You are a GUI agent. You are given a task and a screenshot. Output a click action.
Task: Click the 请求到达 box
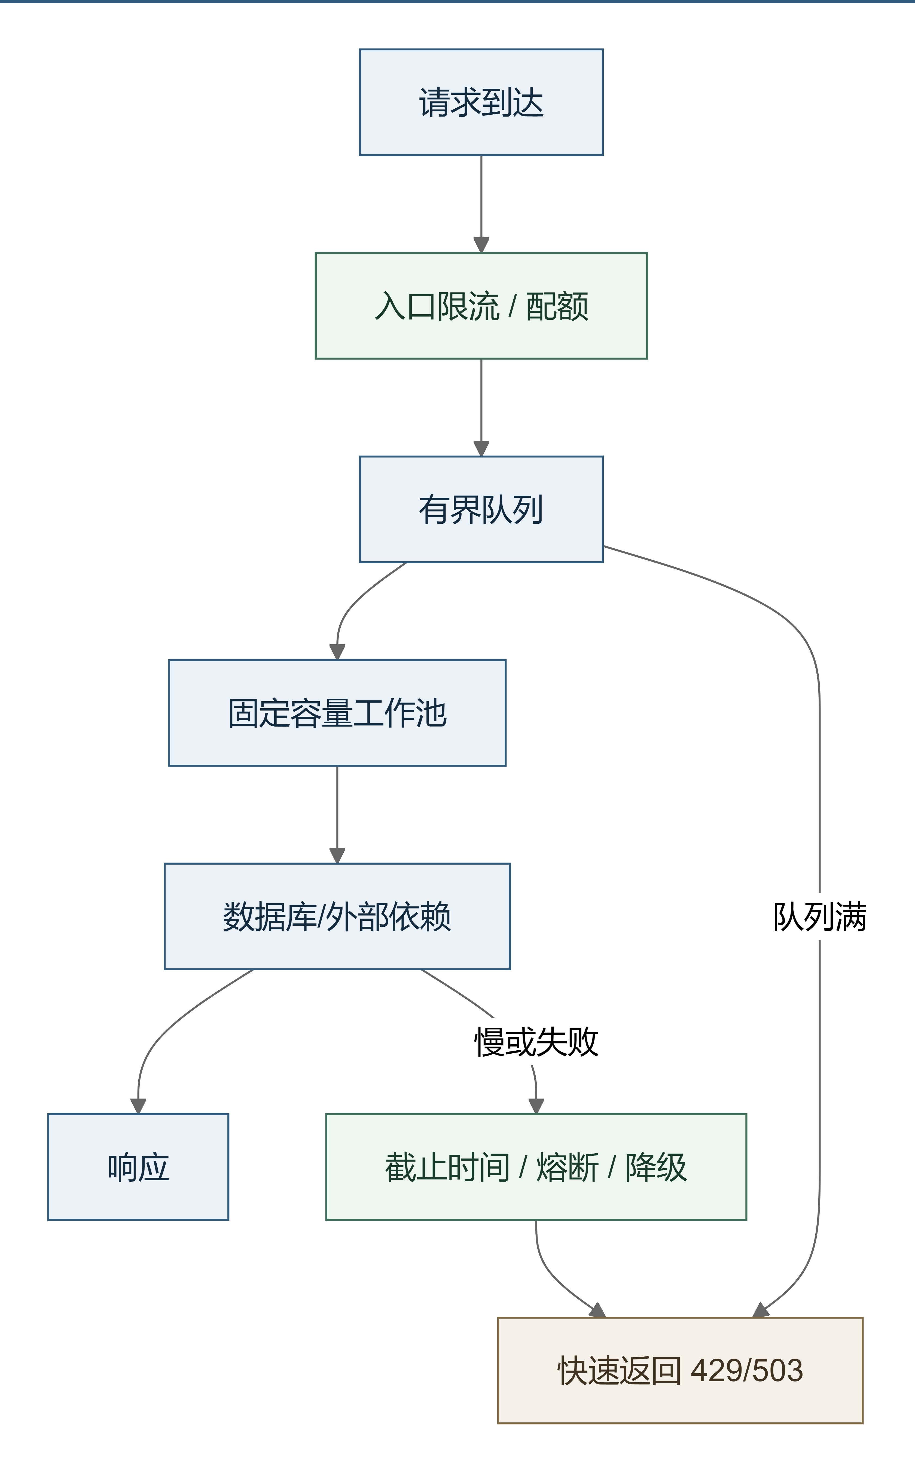pyautogui.click(x=481, y=102)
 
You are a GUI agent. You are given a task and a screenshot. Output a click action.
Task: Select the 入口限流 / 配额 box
pyautogui.click(x=481, y=306)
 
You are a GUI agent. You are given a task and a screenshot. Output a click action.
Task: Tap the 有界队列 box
pyautogui.click(x=481, y=509)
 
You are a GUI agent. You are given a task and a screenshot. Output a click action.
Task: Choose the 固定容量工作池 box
pyautogui.click(x=337, y=713)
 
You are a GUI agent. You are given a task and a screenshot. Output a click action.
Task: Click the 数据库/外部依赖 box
pyautogui.click(x=337, y=916)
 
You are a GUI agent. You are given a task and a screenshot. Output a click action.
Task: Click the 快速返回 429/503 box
pyautogui.click(x=680, y=1370)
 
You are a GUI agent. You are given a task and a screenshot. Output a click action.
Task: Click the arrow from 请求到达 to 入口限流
pyautogui.click(x=481, y=204)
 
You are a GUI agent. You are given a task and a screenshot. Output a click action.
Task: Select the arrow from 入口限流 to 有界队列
pyautogui.click(x=481, y=407)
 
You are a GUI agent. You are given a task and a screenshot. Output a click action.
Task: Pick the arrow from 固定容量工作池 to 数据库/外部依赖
pyautogui.click(x=337, y=815)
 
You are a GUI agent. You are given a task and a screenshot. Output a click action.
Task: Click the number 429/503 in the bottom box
pyautogui.click(x=747, y=1370)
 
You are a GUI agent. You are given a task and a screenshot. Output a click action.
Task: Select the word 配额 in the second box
pyautogui.click(x=557, y=306)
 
